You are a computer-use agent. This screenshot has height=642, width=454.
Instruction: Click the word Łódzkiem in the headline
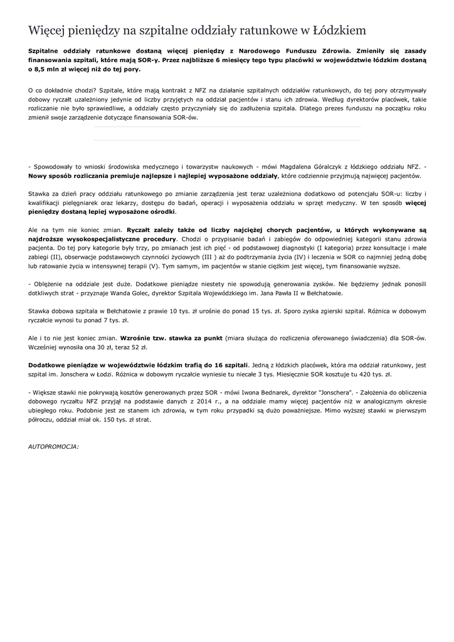tap(339, 30)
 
